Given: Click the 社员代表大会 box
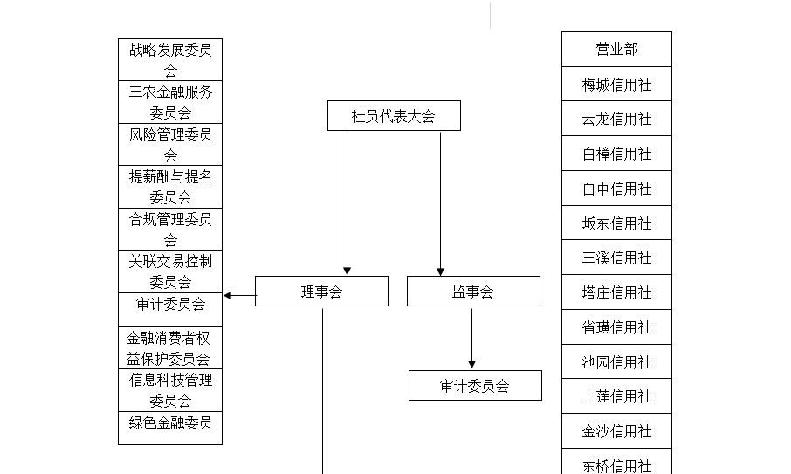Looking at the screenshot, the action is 394,115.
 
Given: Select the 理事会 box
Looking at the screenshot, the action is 322,291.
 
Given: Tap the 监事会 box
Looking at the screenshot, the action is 474,291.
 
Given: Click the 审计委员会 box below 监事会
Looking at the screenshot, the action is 475,385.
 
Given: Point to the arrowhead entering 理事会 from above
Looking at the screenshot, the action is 347,271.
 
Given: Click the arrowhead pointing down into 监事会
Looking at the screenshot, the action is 440,271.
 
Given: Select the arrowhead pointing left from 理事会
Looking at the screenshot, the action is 228,296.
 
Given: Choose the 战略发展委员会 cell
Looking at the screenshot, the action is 170,59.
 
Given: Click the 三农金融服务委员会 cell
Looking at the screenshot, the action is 170,102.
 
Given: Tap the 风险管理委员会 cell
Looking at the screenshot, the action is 170,144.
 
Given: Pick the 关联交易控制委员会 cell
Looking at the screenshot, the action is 170,271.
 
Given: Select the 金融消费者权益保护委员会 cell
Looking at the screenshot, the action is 170,348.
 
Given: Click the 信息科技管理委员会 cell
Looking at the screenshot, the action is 170,390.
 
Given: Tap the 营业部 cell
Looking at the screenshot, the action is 617,49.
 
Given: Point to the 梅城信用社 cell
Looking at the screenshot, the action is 617,84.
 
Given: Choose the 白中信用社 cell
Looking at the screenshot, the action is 617,188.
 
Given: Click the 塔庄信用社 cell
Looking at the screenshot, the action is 617,292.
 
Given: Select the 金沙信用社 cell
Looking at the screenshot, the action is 617,431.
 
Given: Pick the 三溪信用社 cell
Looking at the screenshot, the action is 617,258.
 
